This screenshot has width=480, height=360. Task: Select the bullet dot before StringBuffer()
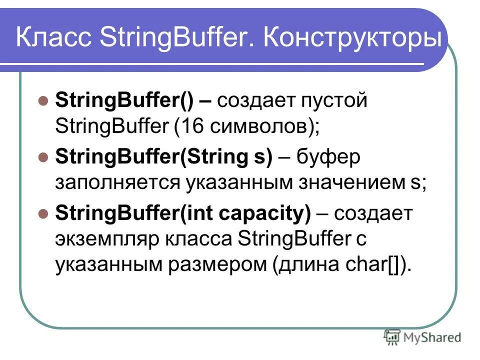coord(43,99)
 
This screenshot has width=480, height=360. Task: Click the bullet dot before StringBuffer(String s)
coord(43,156)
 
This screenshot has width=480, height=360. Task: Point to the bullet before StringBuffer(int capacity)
coord(43,213)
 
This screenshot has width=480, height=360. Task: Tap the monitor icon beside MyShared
coord(392,337)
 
